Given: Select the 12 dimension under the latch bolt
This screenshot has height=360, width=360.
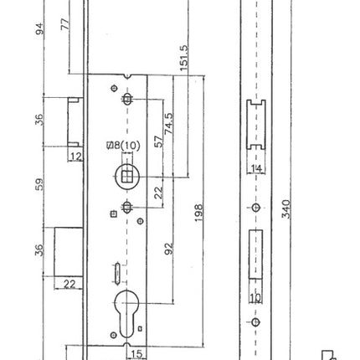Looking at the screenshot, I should point(75,157).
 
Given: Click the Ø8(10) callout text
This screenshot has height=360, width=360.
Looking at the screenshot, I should point(123,145).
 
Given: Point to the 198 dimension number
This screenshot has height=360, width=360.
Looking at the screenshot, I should point(198,213).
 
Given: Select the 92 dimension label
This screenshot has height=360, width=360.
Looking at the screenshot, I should point(167,249).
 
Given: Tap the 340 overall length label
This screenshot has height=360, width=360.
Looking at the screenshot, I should point(286,208).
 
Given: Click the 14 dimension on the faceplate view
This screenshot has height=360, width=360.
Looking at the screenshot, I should point(256,168).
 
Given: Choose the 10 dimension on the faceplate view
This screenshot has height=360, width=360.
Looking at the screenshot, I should point(256,298).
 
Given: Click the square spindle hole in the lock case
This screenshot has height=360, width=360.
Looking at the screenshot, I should point(126,176).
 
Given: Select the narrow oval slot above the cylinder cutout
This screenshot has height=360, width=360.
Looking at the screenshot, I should point(116,271).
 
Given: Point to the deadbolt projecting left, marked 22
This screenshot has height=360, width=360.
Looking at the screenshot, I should point(68,250).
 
